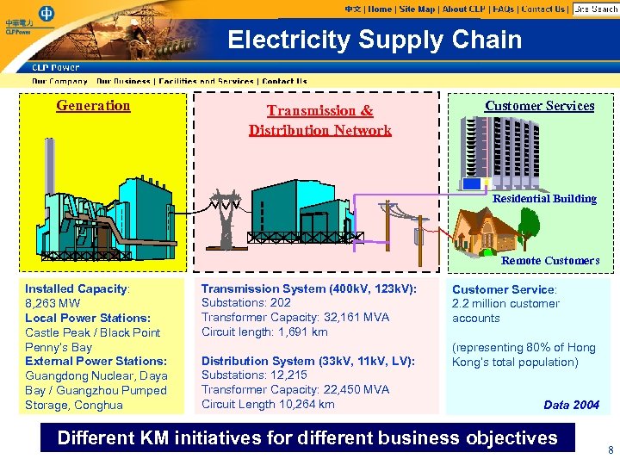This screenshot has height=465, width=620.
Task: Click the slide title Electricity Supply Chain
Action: pos(375,40)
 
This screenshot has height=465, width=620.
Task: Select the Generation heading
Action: pos(93,106)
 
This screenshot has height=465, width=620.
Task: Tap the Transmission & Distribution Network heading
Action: pos(319,121)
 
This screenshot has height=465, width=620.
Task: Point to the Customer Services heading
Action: pos(539,106)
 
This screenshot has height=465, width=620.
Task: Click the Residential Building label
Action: pos(544,199)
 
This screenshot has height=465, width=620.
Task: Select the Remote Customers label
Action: pos(550,260)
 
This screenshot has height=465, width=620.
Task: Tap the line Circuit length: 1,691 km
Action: pos(264,332)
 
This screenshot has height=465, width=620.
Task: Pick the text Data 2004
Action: pos(571,405)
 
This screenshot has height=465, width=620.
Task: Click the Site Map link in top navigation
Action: pos(418,9)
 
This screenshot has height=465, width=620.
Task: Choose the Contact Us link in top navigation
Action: pos(543,9)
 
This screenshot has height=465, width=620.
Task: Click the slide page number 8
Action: pos(611,450)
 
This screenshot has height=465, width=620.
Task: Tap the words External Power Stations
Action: pos(96,361)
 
